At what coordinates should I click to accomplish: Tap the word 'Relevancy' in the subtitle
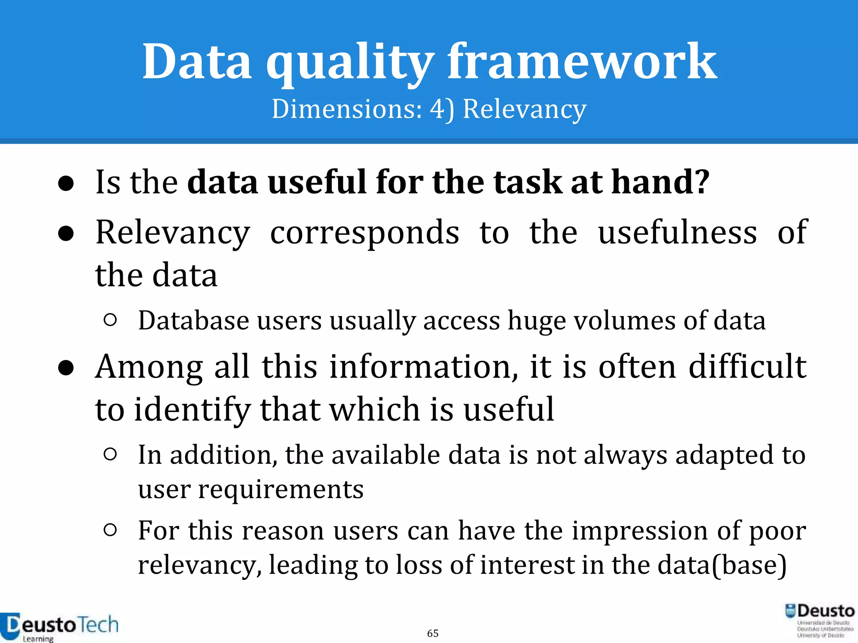click(524, 109)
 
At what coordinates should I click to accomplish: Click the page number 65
click(433, 633)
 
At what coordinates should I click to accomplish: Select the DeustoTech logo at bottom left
click(59, 626)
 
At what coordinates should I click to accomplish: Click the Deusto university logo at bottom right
click(819, 620)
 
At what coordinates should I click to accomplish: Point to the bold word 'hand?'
click(660, 182)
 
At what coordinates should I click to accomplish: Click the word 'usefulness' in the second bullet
click(677, 232)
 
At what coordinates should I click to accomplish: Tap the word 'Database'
click(194, 321)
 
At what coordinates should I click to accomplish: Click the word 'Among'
click(149, 367)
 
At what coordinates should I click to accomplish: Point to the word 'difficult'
click(747, 367)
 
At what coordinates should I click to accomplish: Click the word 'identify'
click(192, 409)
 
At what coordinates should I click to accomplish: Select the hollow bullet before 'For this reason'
click(110, 530)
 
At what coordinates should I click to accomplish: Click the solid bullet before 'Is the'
click(66, 183)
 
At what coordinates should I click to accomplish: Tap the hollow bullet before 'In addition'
click(110, 454)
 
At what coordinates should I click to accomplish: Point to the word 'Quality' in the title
click(349, 63)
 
